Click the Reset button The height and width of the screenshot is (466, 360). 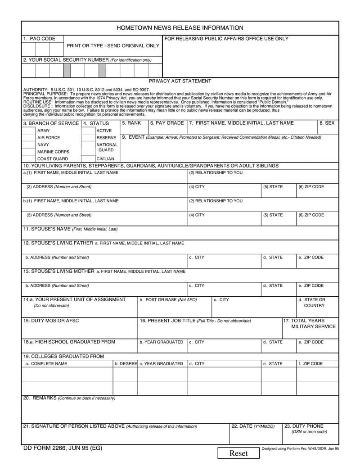point(238,453)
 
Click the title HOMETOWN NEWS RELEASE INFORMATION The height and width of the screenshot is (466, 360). point(180,28)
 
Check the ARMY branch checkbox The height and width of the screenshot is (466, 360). point(29,131)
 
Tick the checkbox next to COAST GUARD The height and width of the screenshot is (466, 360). point(29,158)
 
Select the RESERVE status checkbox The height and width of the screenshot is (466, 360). point(88,137)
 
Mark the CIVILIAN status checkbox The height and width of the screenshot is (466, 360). point(88,158)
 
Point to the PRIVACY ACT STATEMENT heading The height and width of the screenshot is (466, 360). point(180,81)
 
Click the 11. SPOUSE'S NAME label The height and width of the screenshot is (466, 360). point(70,229)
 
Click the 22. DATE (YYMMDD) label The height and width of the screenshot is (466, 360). point(252,426)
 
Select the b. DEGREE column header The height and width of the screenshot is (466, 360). point(126,363)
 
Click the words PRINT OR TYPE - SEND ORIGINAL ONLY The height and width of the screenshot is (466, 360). point(113,46)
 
